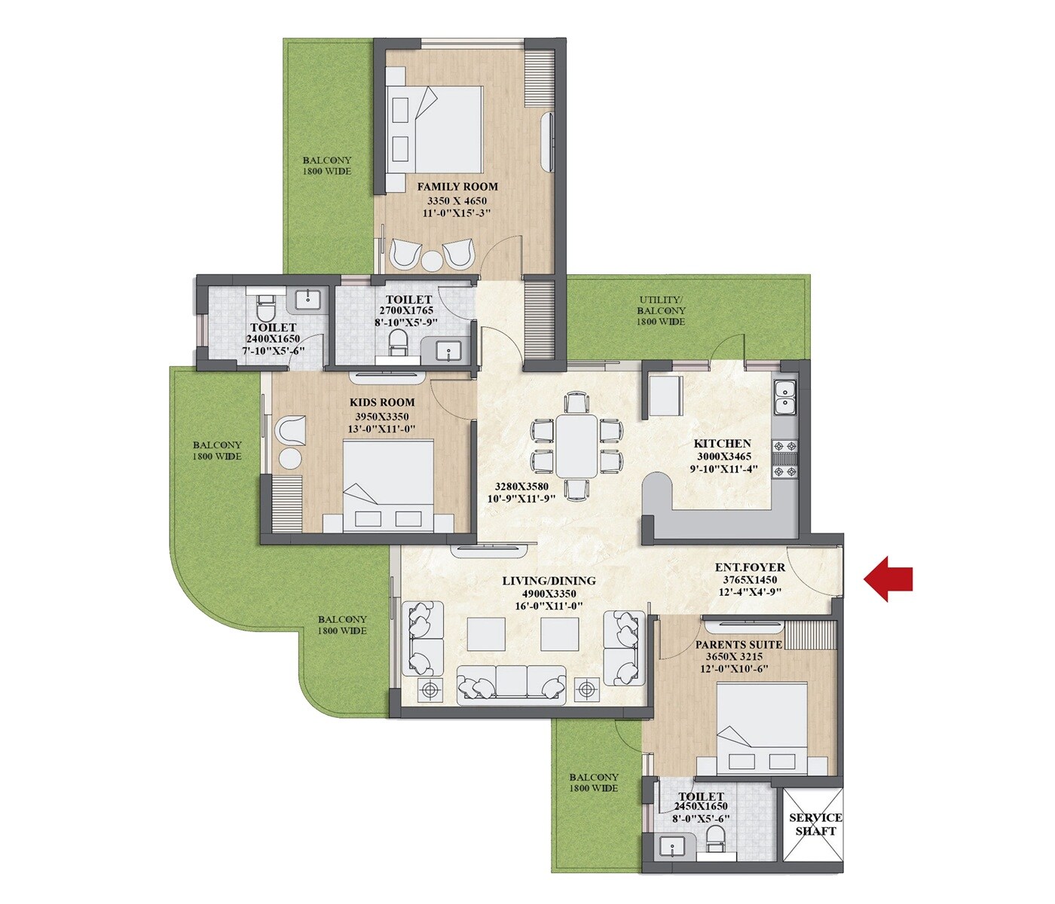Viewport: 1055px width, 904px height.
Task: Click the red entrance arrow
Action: click(x=889, y=579)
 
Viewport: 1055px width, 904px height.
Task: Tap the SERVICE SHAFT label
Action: click(x=815, y=824)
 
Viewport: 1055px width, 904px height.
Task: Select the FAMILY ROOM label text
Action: click(x=457, y=186)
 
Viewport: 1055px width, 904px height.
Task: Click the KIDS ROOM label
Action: click(x=382, y=402)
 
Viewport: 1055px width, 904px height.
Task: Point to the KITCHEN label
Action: click(x=722, y=444)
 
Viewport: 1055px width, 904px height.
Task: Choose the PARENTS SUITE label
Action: click(x=738, y=645)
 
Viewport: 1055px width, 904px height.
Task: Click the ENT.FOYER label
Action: click(x=750, y=567)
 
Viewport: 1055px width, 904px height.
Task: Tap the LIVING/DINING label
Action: click(x=549, y=581)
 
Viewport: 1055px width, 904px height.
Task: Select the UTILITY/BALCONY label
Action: click(x=661, y=305)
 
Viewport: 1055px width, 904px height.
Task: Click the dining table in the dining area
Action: click(x=576, y=445)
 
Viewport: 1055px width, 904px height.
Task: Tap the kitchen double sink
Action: click(x=784, y=398)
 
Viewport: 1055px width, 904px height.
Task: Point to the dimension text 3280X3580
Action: click(x=521, y=486)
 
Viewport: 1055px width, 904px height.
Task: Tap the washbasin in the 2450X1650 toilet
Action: click(x=672, y=847)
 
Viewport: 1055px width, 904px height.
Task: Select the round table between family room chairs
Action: click(x=431, y=261)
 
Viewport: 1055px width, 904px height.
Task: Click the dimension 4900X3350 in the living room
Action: click(x=549, y=594)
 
